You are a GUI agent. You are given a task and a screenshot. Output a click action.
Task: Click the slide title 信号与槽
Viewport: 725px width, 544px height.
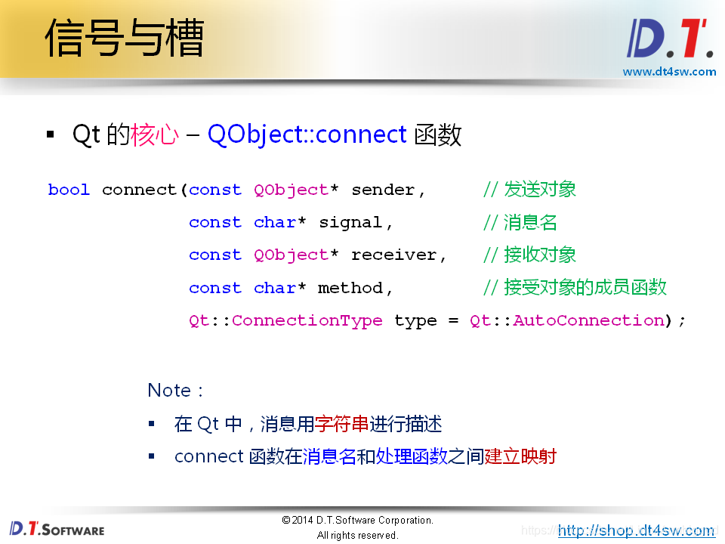pyautogui.click(x=125, y=38)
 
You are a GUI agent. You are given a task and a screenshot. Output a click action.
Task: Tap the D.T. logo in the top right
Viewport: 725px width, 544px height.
pyautogui.click(x=670, y=39)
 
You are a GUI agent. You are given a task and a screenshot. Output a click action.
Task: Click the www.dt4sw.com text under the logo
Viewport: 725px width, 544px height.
pyautogui.click(x=669, y=72)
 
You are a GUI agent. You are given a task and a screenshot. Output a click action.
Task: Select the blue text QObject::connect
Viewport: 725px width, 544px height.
pyautogui.click(x=307, y=134)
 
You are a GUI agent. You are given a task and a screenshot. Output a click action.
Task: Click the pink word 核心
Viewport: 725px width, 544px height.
pyautogui.click(x=154, y=134)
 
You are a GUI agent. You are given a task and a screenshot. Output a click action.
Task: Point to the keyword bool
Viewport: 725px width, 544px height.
pyautogui.click(x=69, y=190)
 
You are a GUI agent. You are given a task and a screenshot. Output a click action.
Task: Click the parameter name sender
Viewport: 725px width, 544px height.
pyautogui.click(x=383, y=190)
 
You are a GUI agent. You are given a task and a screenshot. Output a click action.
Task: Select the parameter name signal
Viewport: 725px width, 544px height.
pyautogui.click(x=350, y=222)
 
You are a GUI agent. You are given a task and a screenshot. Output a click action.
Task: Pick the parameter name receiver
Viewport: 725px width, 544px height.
pyautogui.click(x=393, y=255)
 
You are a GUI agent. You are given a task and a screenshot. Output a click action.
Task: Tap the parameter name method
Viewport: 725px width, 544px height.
pyautogui.click(x=350, y=288)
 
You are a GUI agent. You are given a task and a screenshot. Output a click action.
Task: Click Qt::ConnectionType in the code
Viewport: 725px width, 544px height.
pyautogui.click(x=285, y=320)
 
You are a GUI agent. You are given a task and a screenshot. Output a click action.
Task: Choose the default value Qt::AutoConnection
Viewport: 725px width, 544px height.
pyautogui.click(x=567, y=320)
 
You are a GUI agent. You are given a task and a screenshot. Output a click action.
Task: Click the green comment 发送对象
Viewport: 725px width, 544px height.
pyautogui.click(x=539, y=189)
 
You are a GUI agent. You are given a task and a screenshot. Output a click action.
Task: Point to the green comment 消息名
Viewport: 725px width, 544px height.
pyautogui.click(x=530, y=222)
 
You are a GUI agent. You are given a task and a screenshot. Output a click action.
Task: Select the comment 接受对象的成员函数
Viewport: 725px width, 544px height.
pyautogui.click(x=585, y=287)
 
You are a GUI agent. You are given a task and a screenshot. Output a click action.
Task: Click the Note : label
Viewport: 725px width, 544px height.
pyautogui.click(x=175, y=391)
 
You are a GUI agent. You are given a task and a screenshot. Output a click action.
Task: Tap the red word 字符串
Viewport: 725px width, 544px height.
pyautogui.click(x=341, y=424)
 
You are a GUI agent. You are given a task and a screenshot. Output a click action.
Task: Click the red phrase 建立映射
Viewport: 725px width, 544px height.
pyautogui.click(x=520, y=456)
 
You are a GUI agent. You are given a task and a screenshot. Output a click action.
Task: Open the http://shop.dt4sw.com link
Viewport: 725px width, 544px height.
pyautogui.click(x=636, y=530)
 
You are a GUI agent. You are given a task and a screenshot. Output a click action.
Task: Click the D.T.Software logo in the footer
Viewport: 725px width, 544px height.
pyautogui.click(x=57, y=529)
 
